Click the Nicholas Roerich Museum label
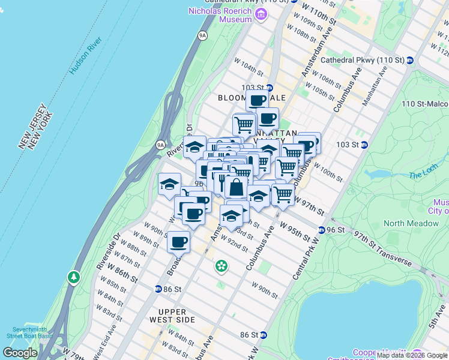[x=220, y=14]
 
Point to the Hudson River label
[x=86, y=55]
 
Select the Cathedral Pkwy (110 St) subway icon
[x=410, y=60]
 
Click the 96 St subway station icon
[x=321, y=230]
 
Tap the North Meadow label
[x=411, y=223]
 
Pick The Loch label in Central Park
[x=420, y=175]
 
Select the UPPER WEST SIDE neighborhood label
[x=177, y=316]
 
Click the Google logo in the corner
[x=20, y=353]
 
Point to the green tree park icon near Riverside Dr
[x=74, y=277]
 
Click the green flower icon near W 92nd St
[x=221, y=265]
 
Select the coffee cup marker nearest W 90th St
[x=179, y=242]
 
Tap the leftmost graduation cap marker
[x=169, y=183]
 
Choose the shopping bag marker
[x=237, y=187]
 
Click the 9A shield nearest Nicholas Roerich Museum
[x=202, y=36]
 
